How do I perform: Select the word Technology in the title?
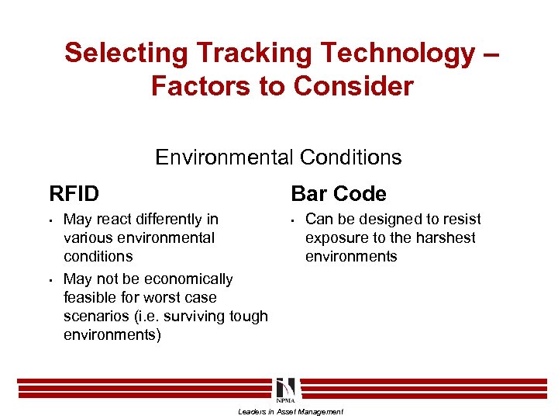[387, 54]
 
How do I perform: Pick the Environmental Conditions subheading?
[278, 158]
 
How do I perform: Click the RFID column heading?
[74, 193]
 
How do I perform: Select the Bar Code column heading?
[338, 193]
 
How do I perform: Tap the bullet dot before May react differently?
[49, 220]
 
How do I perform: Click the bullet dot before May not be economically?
[49, 279]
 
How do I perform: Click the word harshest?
[445, 238]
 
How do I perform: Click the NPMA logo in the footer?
[285, 390]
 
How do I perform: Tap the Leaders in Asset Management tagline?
[290, 411]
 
